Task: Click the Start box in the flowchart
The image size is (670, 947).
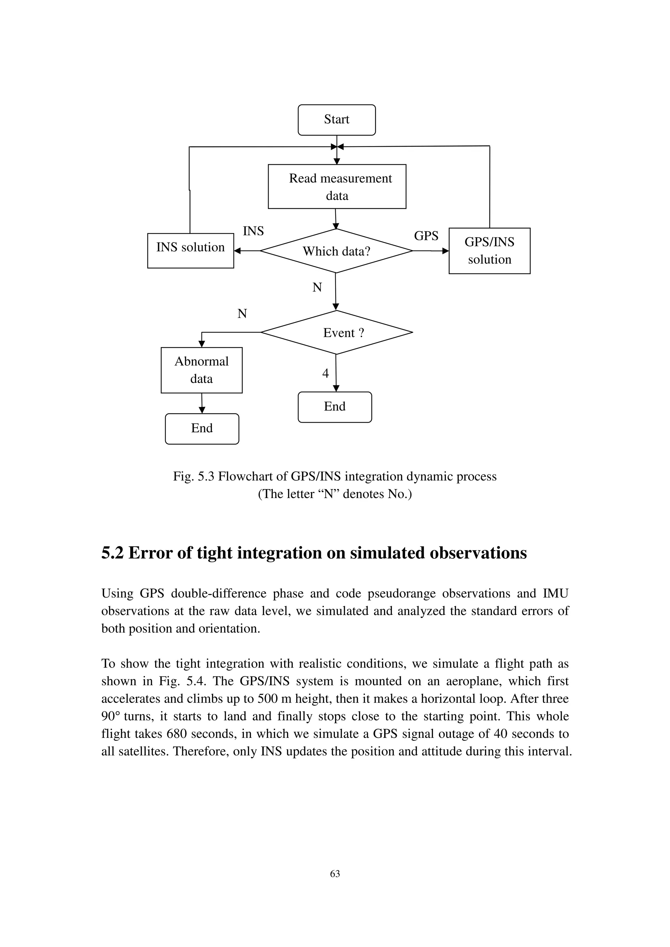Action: pyautogui.click(x=336, y=120)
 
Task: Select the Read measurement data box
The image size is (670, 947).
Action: pyautogui.click(x=337, y=187)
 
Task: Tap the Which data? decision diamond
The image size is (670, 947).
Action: pyautogui.click(x=336, y=251)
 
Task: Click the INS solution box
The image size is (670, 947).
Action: pyautogui.click(x=190, y=250)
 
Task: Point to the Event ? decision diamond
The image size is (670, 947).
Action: pyautogui.click(x=336, y=332)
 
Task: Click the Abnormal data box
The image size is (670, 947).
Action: pyautogui.click(x=202, y=370)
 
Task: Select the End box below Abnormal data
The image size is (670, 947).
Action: pyautogui.click(x=202, y=428)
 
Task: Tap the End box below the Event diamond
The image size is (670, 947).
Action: pyautogui.click(x=335, y=407)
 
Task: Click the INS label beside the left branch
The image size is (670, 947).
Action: pyautogui.click(x=253, y=231)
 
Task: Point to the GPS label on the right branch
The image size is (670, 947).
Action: pyautogui.click(x=426, y=236)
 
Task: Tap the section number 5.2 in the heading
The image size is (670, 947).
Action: pyautogui.click(x=112, y=554)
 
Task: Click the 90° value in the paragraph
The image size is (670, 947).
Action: pyautogui.click(x=111, y=716)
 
